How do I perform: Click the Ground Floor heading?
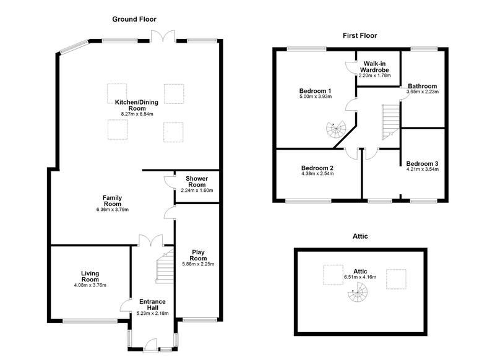pos(134,19)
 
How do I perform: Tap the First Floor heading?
pos(360,36)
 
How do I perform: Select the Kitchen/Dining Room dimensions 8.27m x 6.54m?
pos(137,114)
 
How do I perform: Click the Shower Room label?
pos(197,182)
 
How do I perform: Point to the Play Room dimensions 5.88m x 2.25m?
pos(198,264)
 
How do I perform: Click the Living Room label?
pos(90,276)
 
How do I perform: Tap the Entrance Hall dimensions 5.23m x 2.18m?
pos(152,314)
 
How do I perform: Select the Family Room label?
pos(113,200)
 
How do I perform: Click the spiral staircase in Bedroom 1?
pos(336,130)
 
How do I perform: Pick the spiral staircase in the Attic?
pos(358,292)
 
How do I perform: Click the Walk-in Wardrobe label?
pos(374,67)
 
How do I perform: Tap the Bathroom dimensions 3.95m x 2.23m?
pos(423,92)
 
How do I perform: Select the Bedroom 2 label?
pos(317,168)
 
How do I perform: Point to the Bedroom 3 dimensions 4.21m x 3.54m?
pos(423,169)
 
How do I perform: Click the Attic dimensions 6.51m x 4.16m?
pos(360,277)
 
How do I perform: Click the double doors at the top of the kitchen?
pos(163,36)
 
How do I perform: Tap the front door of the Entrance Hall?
pos(150,345)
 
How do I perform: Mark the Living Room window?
pos(90,322)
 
